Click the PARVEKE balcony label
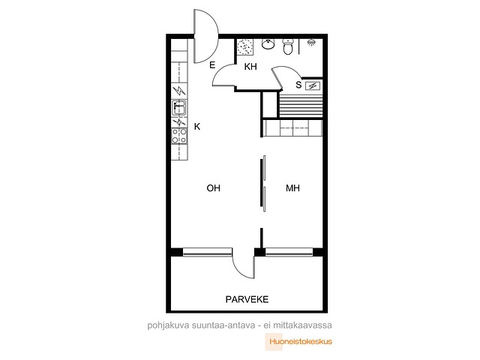coord(247,299)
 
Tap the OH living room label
coord(213,188)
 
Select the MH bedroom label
coord(292,188)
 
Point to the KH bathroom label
coord(250,67)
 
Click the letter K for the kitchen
coord(197,127)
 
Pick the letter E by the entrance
coord(212,65)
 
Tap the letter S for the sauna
coord(298,85)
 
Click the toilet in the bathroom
coord(288,46)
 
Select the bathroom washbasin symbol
coord(268,43)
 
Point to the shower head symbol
coord(312,42)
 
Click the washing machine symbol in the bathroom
coord(245,47)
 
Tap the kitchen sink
coord(179,108)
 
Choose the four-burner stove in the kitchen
coord(179,136)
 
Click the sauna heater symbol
coord(313,86)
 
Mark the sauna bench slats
coord(301,106)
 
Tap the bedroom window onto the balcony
coord(289,252)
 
